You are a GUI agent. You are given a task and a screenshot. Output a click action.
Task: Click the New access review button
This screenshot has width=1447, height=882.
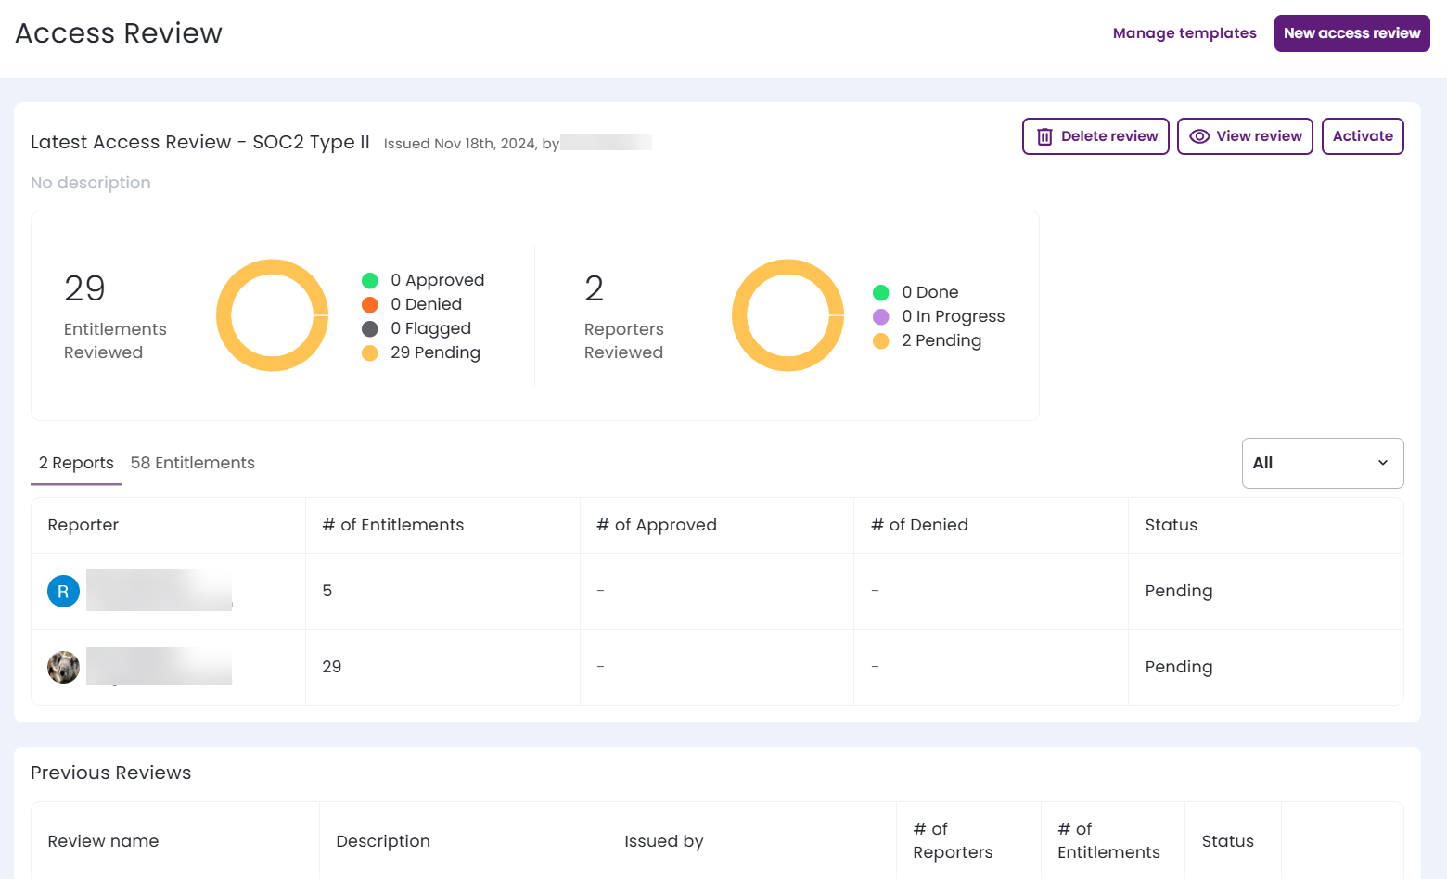(x=1351, y=33)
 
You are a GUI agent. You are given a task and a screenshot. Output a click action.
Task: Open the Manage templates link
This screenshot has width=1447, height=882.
(x=1184, y=33)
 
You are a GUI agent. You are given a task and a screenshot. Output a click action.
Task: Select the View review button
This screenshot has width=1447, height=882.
(x=1245, y=136)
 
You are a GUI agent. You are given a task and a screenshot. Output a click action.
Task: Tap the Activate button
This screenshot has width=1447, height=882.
(x=1363, y=136)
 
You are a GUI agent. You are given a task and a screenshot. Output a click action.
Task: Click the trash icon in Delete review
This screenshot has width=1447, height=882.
(x=1044, y=136)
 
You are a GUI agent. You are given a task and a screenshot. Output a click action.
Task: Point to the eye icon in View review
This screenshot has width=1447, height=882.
(x=1199, y=136)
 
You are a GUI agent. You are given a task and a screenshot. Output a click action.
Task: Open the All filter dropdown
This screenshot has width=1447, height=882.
(x=1322, y=463)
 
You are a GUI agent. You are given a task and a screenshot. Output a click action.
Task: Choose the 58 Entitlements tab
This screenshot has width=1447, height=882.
(x=193, y=463)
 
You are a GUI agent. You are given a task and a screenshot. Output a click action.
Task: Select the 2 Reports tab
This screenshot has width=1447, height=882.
(x=76, y=463)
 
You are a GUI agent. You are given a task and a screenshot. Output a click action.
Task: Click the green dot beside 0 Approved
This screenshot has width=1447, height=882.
(x=370, y=280)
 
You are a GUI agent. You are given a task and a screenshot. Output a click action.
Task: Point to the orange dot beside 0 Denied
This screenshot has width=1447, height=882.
(x=370, y=304)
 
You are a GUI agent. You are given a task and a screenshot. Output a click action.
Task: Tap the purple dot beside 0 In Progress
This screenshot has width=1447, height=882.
(x=881, y=316)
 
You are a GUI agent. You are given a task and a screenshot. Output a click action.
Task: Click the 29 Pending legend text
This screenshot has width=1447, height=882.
(x=435, y=352)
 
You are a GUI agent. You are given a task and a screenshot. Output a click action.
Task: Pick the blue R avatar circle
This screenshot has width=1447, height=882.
(x=63, y=591)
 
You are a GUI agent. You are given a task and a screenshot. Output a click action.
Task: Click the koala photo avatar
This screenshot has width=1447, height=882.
(x=63, y=667)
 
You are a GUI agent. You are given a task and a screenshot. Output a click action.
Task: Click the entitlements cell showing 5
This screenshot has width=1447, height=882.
(x=327, y=591)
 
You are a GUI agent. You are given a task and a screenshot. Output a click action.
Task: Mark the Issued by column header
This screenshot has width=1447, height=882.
(x=664, y=841)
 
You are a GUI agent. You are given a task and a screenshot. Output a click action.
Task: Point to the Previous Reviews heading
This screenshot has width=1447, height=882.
(x=111, y=773)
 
